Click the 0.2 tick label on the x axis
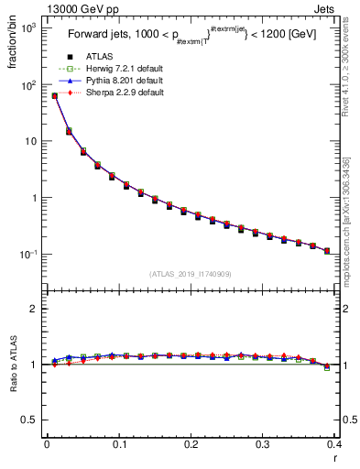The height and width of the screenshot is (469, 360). (191, 443)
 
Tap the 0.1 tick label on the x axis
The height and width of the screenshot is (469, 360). (119, 443)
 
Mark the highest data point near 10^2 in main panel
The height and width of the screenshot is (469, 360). (55, 95)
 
